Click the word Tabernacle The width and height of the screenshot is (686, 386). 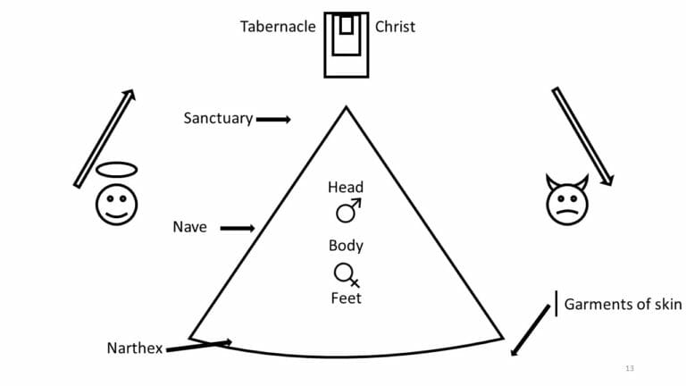pyautogui.click(x=277, y=27)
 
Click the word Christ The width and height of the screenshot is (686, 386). pyautogui.click(x=395, y=27)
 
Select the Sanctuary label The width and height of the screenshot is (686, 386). pyautogui.click(x=218, y=118)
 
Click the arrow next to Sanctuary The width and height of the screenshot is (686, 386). pyautogui.click(x=273, y=119)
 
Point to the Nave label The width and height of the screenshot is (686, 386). pyautogui.click(x=189, y=227)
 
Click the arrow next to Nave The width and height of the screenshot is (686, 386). pyautogui.click(x=237, y=228)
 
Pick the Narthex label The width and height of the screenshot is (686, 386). pyautogui.click(x=134, y=348)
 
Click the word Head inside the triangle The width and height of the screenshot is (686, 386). pyautogui.click(x=346, y=187)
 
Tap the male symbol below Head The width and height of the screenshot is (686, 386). pyautogui.click(x=347, y=210)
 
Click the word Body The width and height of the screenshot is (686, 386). pyautogui.click(x=346, y=246)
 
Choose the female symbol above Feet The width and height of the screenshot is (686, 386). pyautogui.click(x=346, y=273)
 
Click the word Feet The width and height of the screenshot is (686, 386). pyautogui.click(x=346, y=298)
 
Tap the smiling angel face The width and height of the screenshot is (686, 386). pyautogui.click(x=117, y=204)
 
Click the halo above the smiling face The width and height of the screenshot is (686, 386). pyautogui.click(x=117, y=169)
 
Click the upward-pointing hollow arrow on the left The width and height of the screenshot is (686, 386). pyautogui.click(x=105, y=138)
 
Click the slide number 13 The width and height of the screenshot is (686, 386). pyautogui.click(x=630, y=368)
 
